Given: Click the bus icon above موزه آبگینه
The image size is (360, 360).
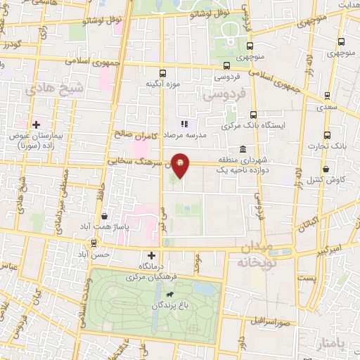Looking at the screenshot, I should click(163, 72).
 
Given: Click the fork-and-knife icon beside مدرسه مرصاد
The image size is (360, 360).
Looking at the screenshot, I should click(185, 124).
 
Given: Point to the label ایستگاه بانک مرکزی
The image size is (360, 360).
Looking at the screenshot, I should click(252, 126).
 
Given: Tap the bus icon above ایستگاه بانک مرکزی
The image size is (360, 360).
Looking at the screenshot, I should click(253, 115).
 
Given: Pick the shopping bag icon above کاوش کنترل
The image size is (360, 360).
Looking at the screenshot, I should click(326, 169).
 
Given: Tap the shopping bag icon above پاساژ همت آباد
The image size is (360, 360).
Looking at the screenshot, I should click(105, 216).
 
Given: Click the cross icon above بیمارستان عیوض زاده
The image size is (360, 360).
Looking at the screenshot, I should click(36, 124).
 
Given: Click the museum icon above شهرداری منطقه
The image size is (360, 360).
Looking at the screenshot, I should click(243, 149).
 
